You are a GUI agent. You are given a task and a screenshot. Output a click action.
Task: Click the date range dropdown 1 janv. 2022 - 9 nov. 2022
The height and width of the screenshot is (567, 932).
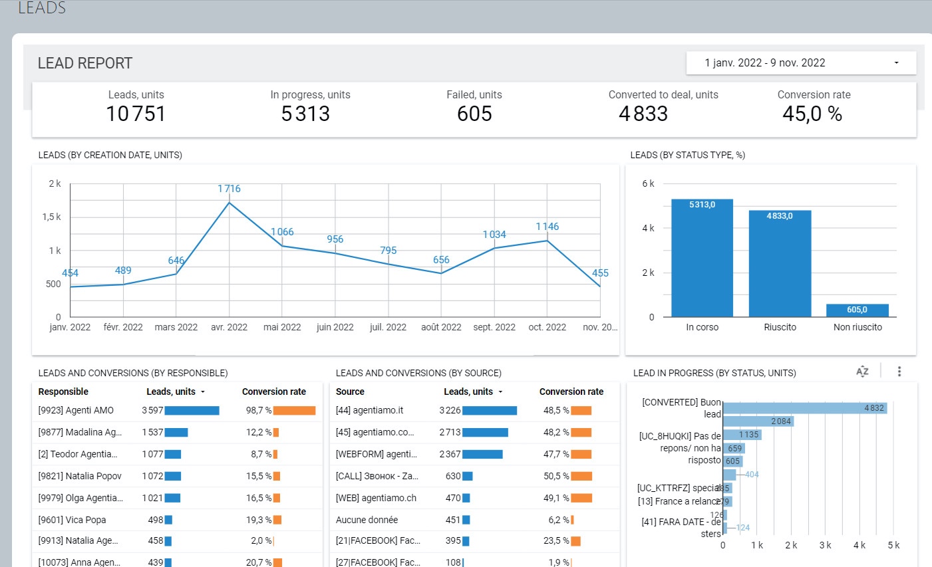click(801, 63)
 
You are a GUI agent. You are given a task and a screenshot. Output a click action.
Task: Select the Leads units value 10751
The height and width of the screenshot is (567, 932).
click(136, 114)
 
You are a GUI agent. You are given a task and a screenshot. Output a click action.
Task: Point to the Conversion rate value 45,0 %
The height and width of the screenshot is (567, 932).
click(812, 114)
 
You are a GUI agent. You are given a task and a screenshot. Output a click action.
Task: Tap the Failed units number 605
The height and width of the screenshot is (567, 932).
click(474, 114)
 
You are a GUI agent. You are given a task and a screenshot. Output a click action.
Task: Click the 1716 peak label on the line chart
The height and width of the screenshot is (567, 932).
click(229, 189)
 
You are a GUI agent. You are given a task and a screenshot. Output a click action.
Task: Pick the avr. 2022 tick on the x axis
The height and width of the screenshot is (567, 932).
click(229, 327)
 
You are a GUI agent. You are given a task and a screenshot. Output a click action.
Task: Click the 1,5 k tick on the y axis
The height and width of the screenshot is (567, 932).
click(52, 217)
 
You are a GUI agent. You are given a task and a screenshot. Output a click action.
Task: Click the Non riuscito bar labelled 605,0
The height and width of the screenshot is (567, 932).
click(857, 310)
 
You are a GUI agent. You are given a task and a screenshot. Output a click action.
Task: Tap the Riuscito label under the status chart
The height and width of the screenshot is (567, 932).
click(780, 327)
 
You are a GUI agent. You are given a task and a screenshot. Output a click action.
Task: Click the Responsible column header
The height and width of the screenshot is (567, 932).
click(63, 392)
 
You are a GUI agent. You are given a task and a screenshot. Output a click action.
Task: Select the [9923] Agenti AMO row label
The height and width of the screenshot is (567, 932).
click(76, 410)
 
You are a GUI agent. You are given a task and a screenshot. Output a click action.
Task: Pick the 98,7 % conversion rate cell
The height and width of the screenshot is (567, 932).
click(259, 410)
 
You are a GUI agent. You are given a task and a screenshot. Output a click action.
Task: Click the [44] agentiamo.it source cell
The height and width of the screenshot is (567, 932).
click(369, 410)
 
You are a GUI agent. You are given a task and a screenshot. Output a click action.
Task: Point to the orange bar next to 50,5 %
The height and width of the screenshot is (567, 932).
click(581, 476)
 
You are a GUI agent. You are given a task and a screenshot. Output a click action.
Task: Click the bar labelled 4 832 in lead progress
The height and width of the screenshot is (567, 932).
click(805, 407)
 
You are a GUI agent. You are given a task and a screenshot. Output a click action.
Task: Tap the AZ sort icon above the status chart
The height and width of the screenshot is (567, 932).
click(862, 372)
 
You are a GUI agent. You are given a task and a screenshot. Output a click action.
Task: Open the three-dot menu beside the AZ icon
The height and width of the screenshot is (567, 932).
click(899, 372)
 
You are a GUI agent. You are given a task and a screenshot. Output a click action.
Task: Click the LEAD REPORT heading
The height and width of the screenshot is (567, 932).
click(85, 63)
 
